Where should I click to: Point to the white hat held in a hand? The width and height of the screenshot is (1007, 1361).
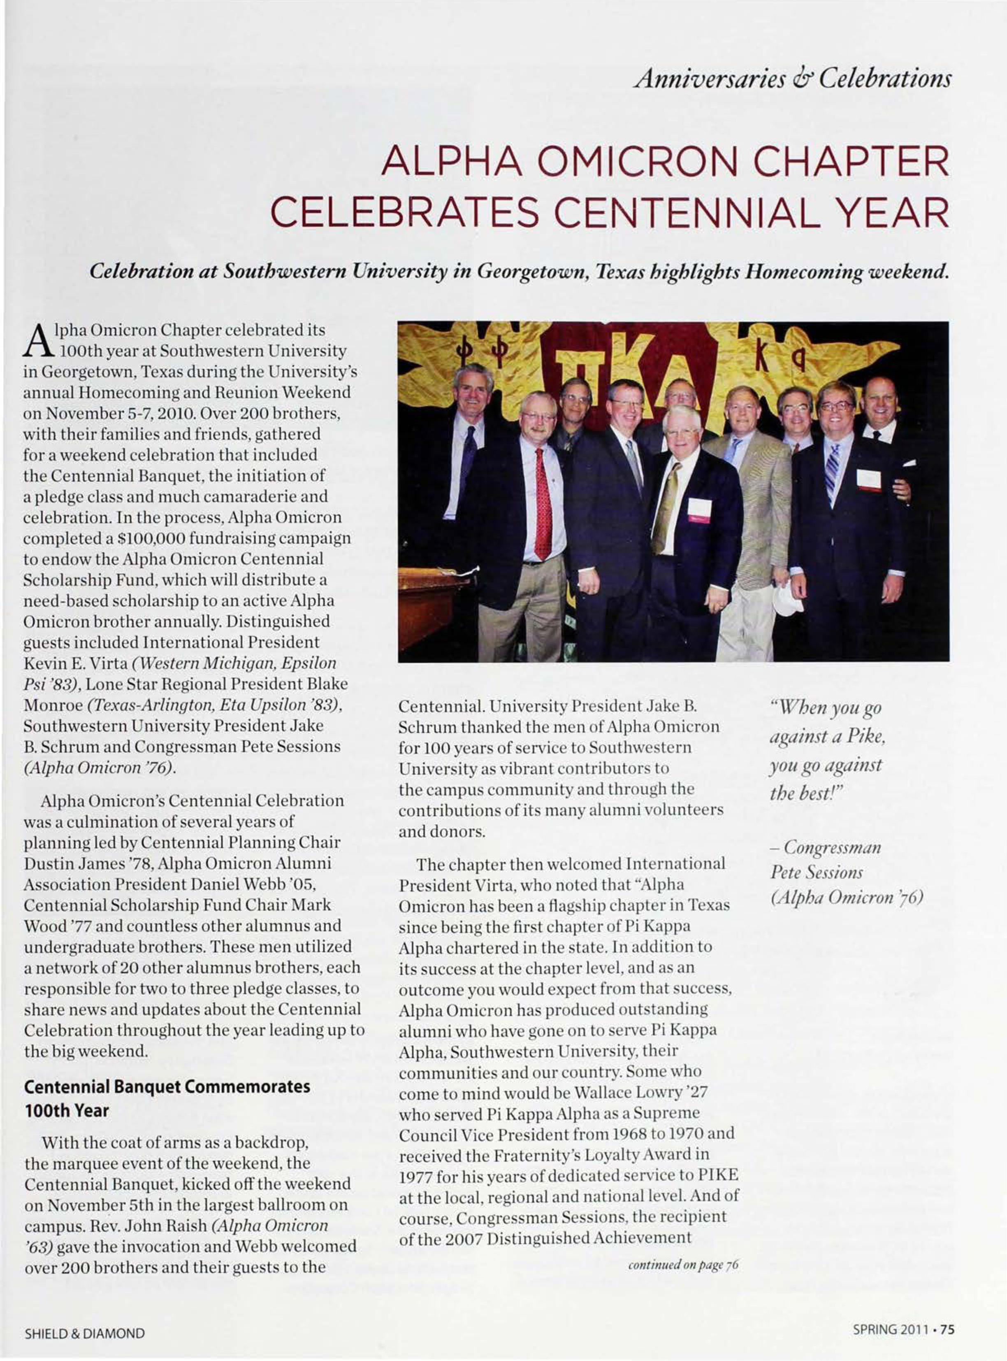point(788,598)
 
